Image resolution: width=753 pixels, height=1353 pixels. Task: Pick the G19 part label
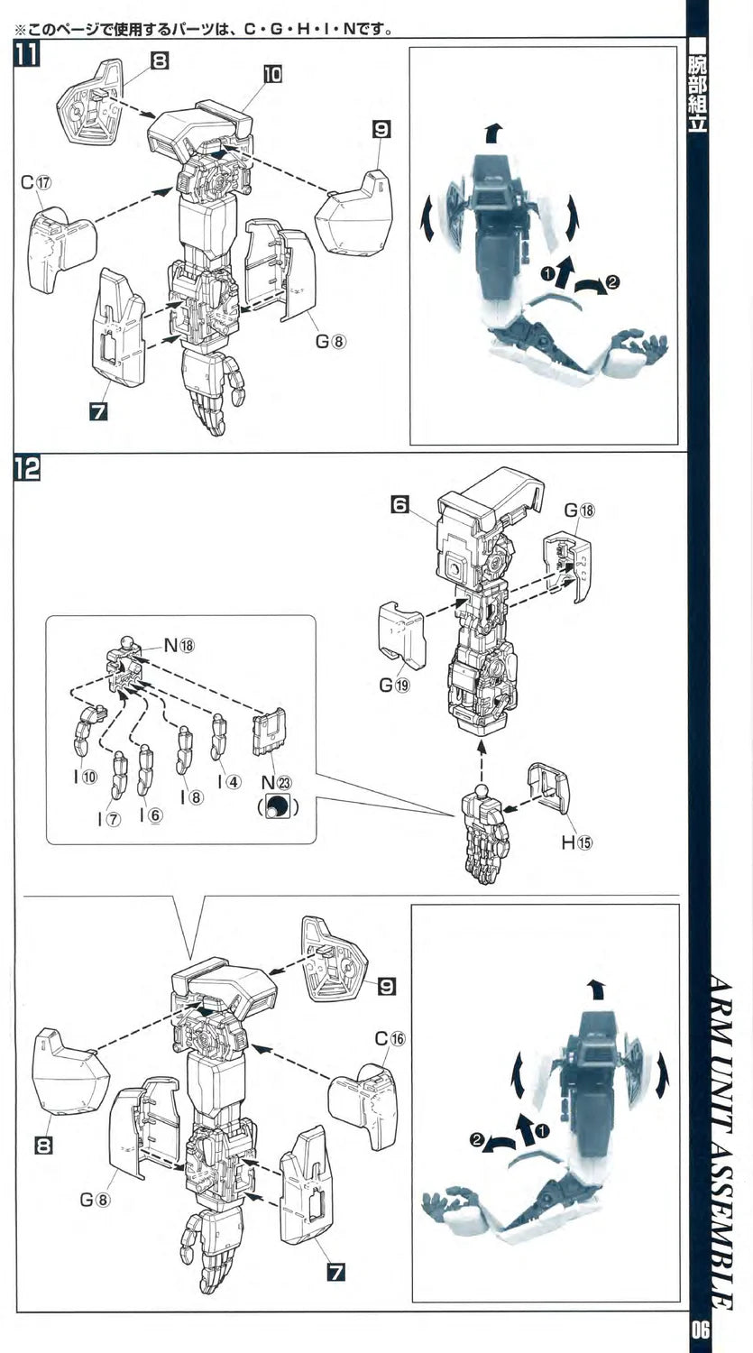click(x=394, y=685)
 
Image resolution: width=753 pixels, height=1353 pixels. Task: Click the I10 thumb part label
click(x=85, y=778)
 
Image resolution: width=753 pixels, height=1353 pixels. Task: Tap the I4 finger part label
click(x=228, y=781)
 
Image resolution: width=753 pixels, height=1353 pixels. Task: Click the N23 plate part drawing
click(x=268, y=735)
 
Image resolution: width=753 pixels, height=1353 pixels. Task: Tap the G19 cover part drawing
click(x=401, y=634)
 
